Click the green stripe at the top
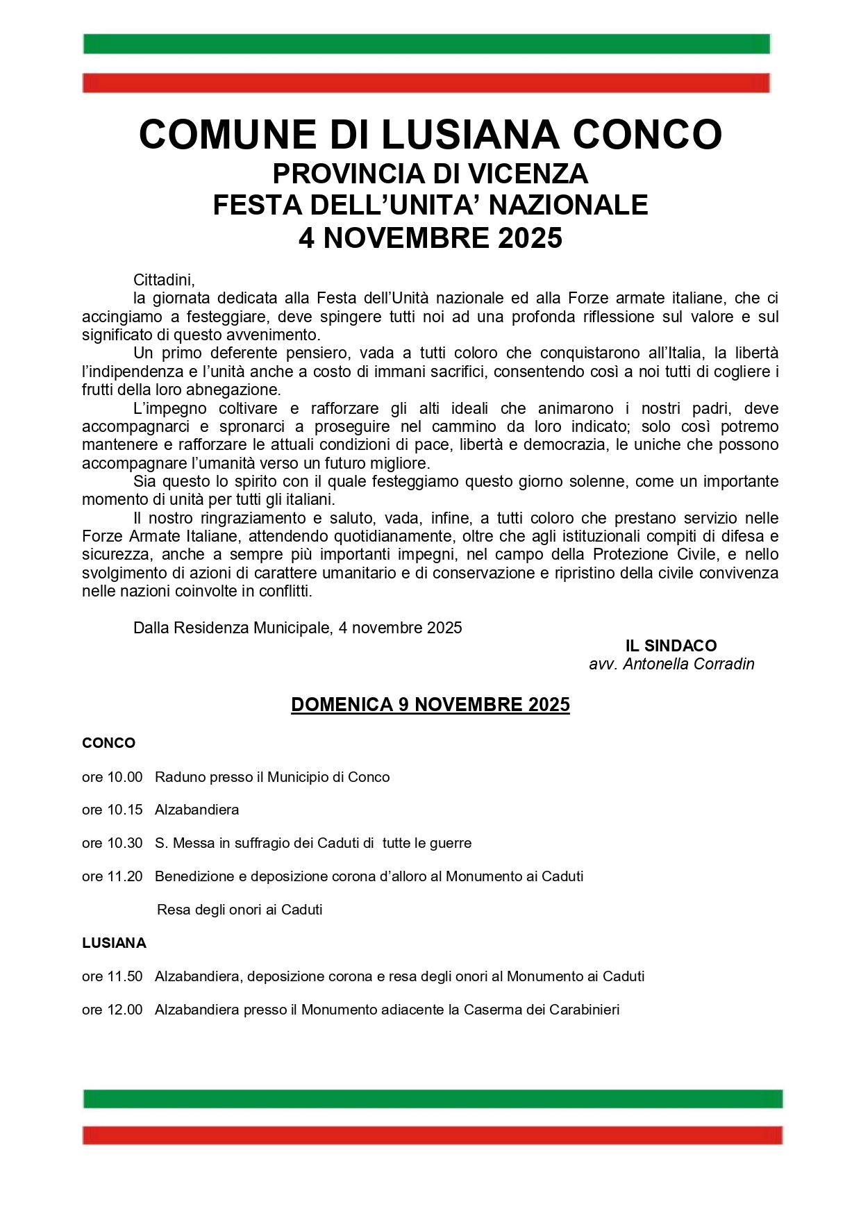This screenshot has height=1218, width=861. tap(426, 44)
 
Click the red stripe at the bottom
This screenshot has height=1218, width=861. tap(432, 1135)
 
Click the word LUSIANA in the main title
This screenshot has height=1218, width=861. tap(470, 134)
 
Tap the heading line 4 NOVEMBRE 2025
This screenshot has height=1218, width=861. tap(430, 238)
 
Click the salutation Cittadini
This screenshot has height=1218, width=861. tap(164, 280)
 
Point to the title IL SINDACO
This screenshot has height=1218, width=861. tap(671, 646)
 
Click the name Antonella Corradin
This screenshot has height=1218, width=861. tap(688, 664)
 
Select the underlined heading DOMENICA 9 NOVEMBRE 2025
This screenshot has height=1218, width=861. tap(430, 704)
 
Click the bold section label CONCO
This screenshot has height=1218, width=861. tap(108, 743)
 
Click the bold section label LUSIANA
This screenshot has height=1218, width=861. tap(114, 943)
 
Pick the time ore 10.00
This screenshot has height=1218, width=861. tap(112, 777)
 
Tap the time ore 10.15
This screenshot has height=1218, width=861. tap(112, 810)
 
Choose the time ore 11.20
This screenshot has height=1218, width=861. tap(112, 876)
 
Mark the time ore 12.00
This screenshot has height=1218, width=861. tap(112, 1010)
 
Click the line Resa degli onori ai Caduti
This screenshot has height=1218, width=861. tap(240, 910)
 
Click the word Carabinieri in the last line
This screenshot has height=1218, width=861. tap(584, 1010)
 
